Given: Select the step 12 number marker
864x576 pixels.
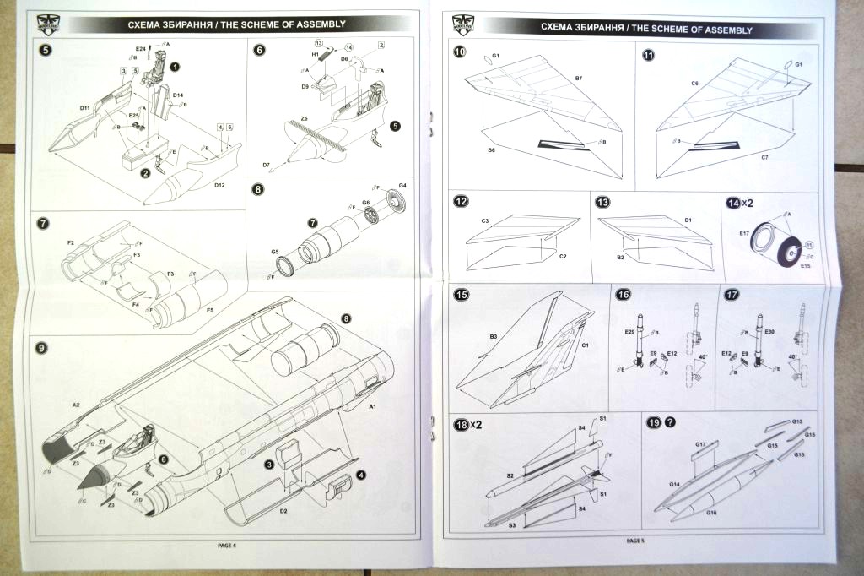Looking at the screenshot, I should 461,203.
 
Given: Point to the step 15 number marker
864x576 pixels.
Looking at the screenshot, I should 461,296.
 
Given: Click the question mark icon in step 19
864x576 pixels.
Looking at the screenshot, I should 671,423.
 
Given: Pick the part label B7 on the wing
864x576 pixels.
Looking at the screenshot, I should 579,79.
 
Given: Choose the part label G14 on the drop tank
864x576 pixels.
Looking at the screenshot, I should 675,484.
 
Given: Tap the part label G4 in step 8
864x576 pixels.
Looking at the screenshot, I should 402,184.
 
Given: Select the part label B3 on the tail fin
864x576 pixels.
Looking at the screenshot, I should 493,336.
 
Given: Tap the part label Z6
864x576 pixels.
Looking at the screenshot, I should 304,119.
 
